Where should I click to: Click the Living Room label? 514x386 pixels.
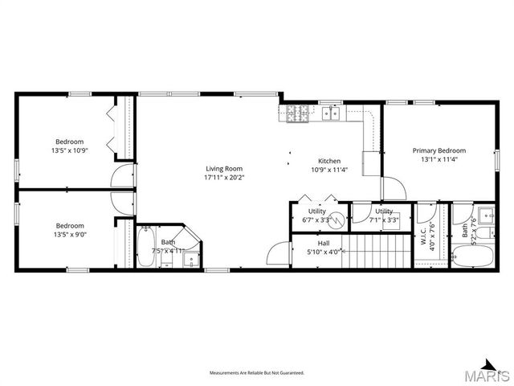(x=223, y=168)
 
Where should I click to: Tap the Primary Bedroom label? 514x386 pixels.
(x=439, y=150)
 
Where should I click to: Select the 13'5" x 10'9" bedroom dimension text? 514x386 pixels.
(x=69, y=150)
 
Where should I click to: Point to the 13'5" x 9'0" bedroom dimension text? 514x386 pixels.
(x=69, y=235)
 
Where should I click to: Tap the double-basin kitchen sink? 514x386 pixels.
(x=330, y=114)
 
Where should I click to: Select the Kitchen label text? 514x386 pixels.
(x=329, y=160)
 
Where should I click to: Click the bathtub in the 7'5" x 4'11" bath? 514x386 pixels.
(x=146, y=248)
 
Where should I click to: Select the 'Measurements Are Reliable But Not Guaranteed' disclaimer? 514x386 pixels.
(x=257, y=373)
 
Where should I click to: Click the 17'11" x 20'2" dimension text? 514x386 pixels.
(x=223, y=177)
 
